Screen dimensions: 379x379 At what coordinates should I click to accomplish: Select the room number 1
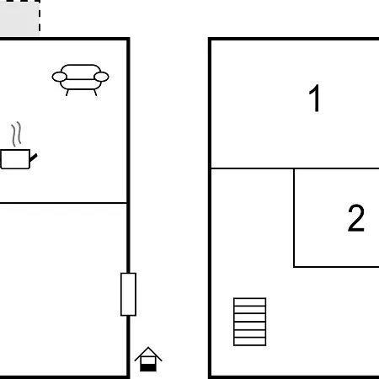(315, 98)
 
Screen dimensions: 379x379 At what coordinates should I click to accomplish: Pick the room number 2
(356, 218)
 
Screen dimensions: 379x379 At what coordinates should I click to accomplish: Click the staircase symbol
(249, 322)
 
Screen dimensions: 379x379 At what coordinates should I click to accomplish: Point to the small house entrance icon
(148, 359)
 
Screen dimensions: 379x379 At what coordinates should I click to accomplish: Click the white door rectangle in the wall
(128, 294)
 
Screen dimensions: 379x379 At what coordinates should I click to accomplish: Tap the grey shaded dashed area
(19, 18)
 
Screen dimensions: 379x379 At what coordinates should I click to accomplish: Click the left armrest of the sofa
(60, 77)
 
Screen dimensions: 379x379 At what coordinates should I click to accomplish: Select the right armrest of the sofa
(101, 77)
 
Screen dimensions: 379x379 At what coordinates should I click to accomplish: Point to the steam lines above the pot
(17, 134)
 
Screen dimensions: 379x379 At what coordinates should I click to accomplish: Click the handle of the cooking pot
(34, 157)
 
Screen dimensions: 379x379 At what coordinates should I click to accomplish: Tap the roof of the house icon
(148, 353)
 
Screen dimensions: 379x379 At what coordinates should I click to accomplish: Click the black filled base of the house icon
(148, 367)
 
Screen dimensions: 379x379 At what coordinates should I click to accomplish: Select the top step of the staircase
(249, 302)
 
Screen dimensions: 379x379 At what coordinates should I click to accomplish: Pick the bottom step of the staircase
(249, 342)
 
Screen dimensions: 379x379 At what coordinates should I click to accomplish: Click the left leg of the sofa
(67, 93)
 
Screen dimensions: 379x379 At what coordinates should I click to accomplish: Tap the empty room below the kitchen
(63, 289)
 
